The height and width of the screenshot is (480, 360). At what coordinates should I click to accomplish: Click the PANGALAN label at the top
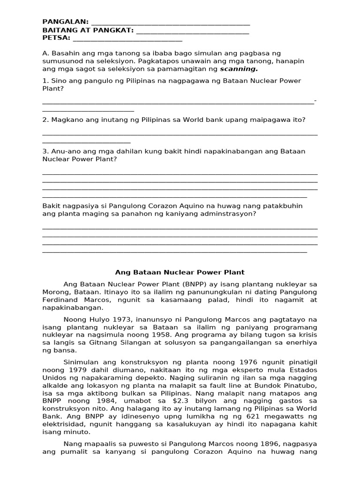point(65,22)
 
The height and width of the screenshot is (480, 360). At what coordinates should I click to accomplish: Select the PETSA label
point(56,38)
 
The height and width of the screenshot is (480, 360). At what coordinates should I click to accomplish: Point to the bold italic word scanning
point(240,69)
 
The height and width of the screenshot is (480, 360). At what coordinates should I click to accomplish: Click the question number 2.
point(45,120)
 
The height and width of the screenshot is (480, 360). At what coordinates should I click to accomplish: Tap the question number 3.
point(45,151)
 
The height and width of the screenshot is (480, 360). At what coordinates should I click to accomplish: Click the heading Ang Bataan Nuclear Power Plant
point(180,272)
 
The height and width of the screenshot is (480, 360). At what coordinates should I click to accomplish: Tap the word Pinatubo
point(301,386)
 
